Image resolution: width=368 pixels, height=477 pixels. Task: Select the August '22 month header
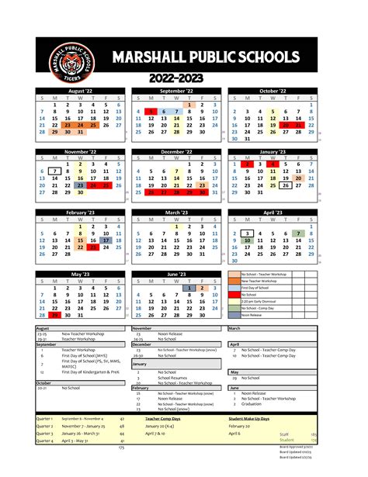pyautogui.click(x=82, y=92)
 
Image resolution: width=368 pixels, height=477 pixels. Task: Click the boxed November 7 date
pyautogui.click(x=54, y=171)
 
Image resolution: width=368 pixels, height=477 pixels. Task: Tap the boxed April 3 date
pyautogui.click(x=247, y=232)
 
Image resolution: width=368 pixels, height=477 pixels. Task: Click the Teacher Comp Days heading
pyautogui.click(x=162, y=417)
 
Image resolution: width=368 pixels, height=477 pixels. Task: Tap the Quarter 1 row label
pyautogui.click(x=44, y=417)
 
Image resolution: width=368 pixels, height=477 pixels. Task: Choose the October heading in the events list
pyautogui.click(x=44, y=382)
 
